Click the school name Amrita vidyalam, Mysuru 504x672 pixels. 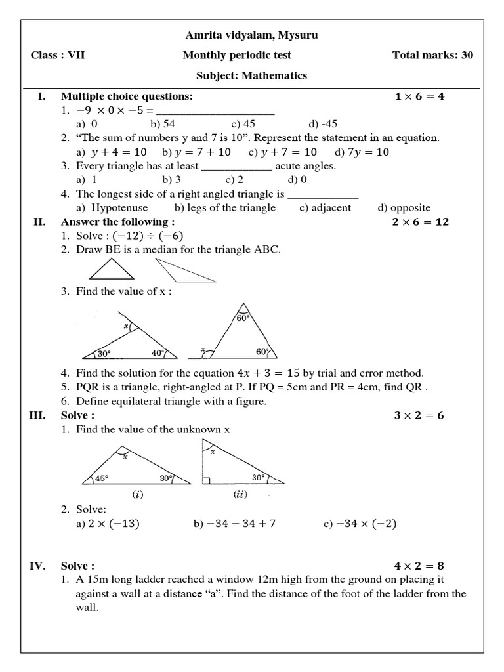coord(252,35)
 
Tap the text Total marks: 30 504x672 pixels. coord(432,55)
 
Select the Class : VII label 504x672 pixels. coord(58,55)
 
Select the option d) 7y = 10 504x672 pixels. coord(362,152)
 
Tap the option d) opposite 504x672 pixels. coord(404,207)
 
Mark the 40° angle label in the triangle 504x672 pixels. coord(157,352)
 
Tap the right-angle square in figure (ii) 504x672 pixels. coord(207,480)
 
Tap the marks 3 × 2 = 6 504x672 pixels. coord(419,415)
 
